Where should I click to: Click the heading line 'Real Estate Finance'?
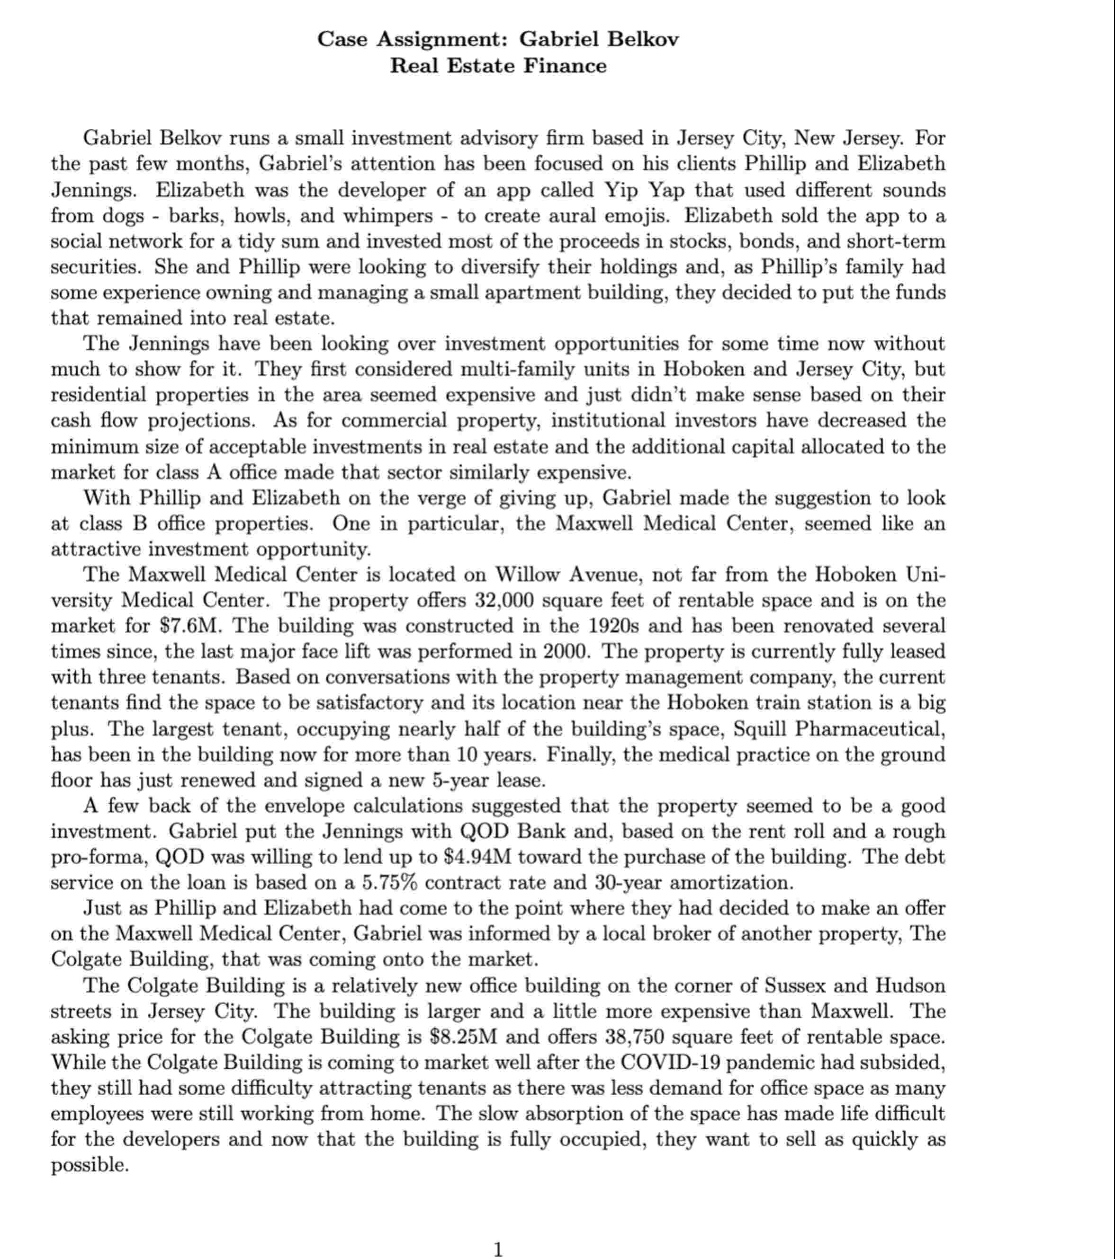point(498,65)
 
